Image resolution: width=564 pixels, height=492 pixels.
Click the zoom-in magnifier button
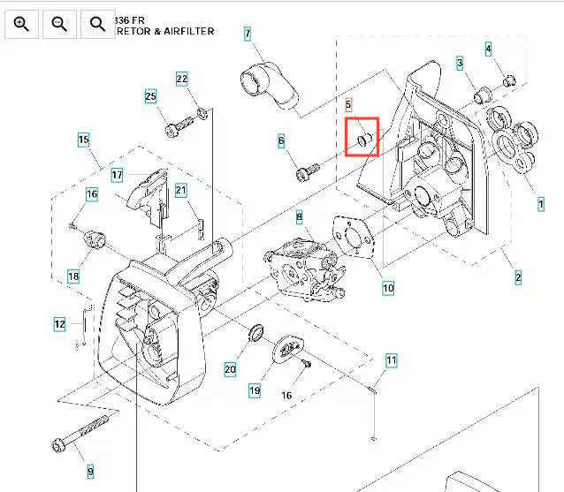pyautogui.click(x=22, y=24)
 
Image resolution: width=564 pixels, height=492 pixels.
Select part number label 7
pyautogui.click(x=248, y=34)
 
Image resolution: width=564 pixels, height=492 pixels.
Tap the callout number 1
pyautogui.click(x=541, y=203)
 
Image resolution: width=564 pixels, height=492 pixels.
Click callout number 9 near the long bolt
pyautogui.click(x=89, y=471)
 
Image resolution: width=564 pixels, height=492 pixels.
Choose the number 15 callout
pyautogui.click(x=83, y=140)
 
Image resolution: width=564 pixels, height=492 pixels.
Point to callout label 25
pyautogui.click(x=150, y=95)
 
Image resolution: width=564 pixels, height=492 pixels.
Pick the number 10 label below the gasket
pyautogui.click(x=388, y=288)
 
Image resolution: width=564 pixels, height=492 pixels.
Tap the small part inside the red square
pyautogui.click(x=363, y=139)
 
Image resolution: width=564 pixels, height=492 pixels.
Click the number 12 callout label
pyautogui.click(x=59, y=324)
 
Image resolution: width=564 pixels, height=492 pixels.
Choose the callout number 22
pyautogui.click(x=182, y=79)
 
